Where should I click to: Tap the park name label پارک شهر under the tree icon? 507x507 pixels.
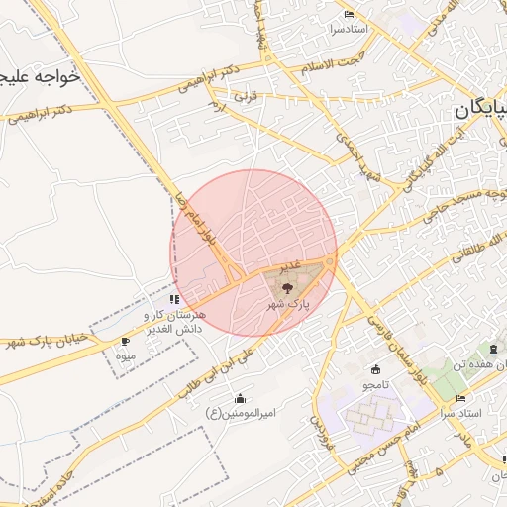coord(288,306)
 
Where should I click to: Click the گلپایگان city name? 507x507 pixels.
coord(481,110)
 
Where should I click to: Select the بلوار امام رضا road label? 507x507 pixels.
coord(196,222)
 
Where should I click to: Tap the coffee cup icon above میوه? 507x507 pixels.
coord(125,341)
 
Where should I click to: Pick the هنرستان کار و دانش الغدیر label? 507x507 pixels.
coord(173,321)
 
